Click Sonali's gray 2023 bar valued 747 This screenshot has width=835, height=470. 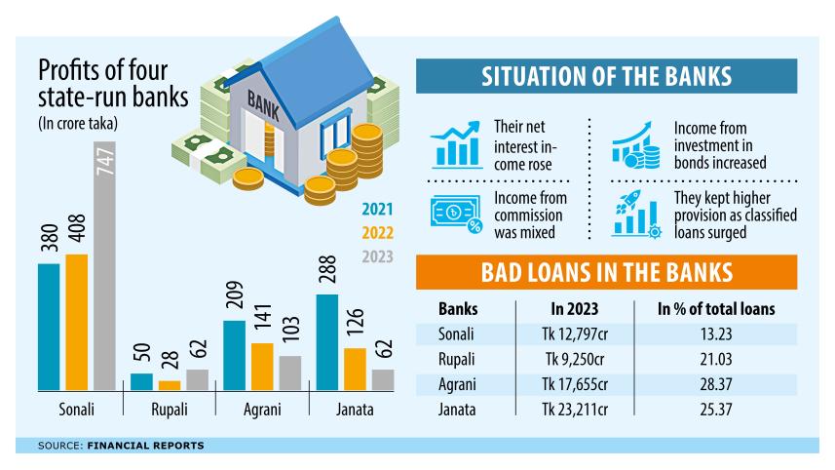(105, 265)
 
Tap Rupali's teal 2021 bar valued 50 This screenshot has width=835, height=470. (142, 381)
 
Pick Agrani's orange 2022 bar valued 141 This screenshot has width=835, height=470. (262, 366)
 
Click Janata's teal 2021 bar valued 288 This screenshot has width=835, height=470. (328, 341)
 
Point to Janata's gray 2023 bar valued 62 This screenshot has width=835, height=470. (383, 379)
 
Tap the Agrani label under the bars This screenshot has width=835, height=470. (261, 410)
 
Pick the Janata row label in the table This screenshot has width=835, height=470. (458, 410)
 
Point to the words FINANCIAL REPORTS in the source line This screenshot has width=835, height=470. (146, 446)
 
